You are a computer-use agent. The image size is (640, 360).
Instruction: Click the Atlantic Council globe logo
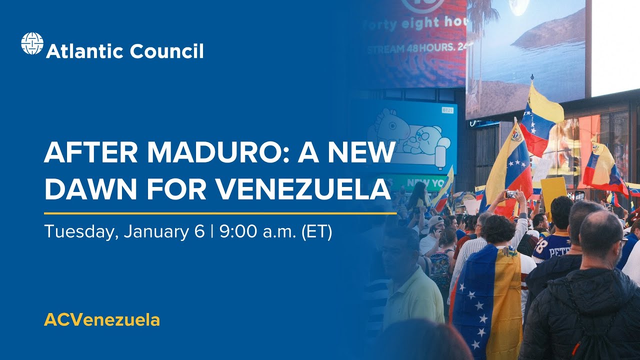32,43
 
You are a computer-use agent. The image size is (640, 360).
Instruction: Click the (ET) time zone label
316,232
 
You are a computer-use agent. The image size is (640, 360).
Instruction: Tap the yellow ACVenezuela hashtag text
102,320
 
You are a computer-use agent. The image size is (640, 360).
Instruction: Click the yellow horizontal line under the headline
220,213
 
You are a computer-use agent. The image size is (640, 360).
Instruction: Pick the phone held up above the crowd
511,194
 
